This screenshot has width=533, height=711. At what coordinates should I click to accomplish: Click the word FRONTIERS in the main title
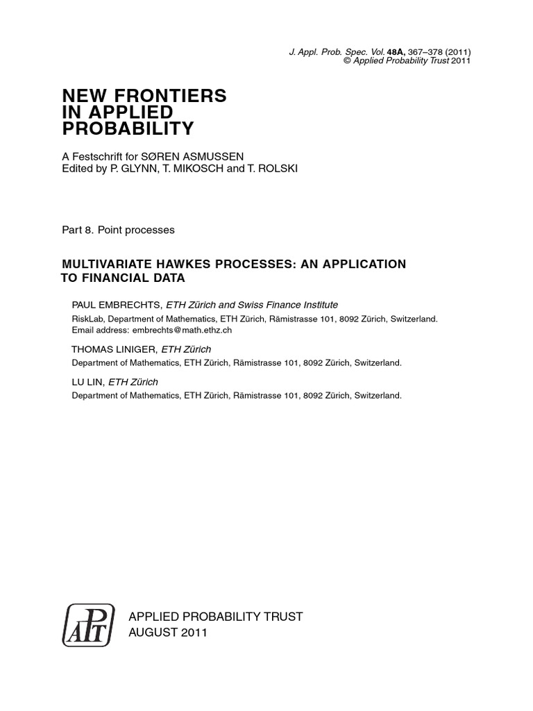[174, 97]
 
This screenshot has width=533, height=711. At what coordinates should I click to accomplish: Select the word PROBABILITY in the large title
[128, 128]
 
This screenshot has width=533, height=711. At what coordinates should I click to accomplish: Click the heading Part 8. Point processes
[117, 230]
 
